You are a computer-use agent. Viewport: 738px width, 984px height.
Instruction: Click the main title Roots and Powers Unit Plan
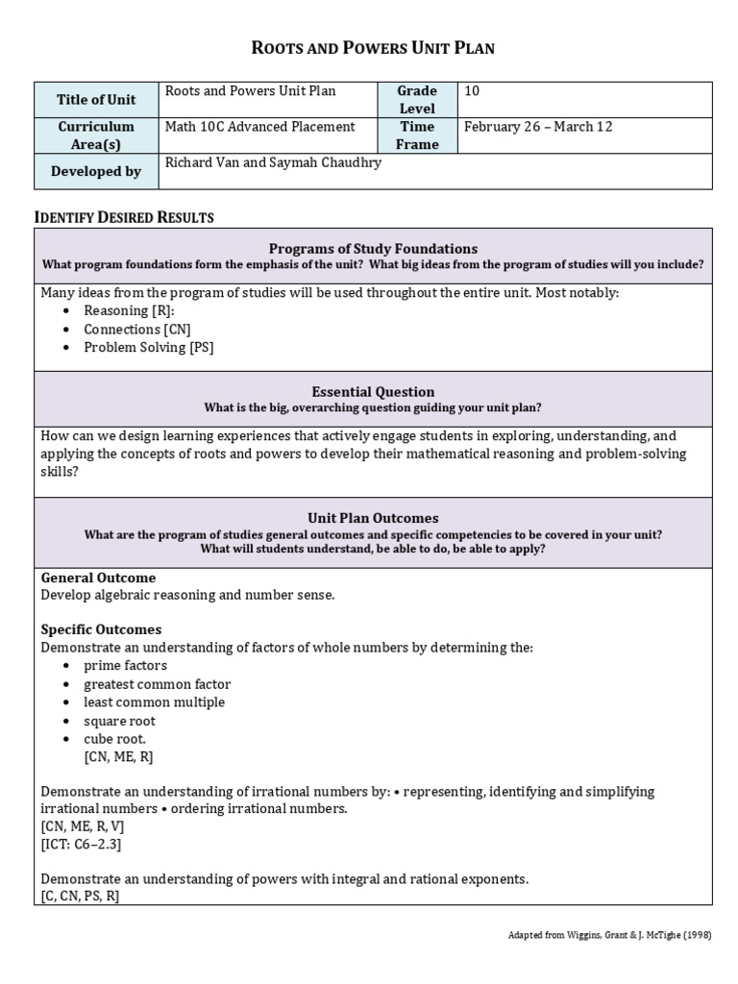coord(373,47)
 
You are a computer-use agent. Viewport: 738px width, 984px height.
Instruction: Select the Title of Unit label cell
coord(97,100)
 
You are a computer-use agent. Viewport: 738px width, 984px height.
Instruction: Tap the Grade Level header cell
coord(417,100)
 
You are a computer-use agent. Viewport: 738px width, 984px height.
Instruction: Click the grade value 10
coord(471,91)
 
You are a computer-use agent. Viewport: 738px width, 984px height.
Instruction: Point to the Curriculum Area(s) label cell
coord(97,135)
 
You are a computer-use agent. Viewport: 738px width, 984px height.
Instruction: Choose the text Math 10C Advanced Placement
coord(259,127)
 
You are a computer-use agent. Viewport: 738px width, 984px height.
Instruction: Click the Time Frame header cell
coord(417,135)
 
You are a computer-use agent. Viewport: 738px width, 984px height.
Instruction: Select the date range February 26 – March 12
coord(537,127)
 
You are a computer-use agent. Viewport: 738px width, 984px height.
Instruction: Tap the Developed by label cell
coord(97,171)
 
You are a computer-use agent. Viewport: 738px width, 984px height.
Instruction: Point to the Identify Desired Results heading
coord(124,217)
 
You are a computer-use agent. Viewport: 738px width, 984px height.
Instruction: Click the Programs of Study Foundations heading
coord(373,248)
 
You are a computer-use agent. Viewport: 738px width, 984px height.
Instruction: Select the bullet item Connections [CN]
coord(135,330)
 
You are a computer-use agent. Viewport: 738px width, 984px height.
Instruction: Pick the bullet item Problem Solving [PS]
coord(148,348)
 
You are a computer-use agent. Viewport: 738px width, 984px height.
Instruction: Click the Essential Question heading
coord(373,391)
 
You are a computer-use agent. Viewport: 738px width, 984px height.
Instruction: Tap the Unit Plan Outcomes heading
coord(373,517)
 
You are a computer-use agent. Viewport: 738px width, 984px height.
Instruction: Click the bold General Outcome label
coord(98,578)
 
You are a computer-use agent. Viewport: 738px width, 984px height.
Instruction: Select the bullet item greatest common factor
coord(157,684)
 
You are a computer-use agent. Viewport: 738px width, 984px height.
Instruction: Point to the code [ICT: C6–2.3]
coord(81,844)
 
